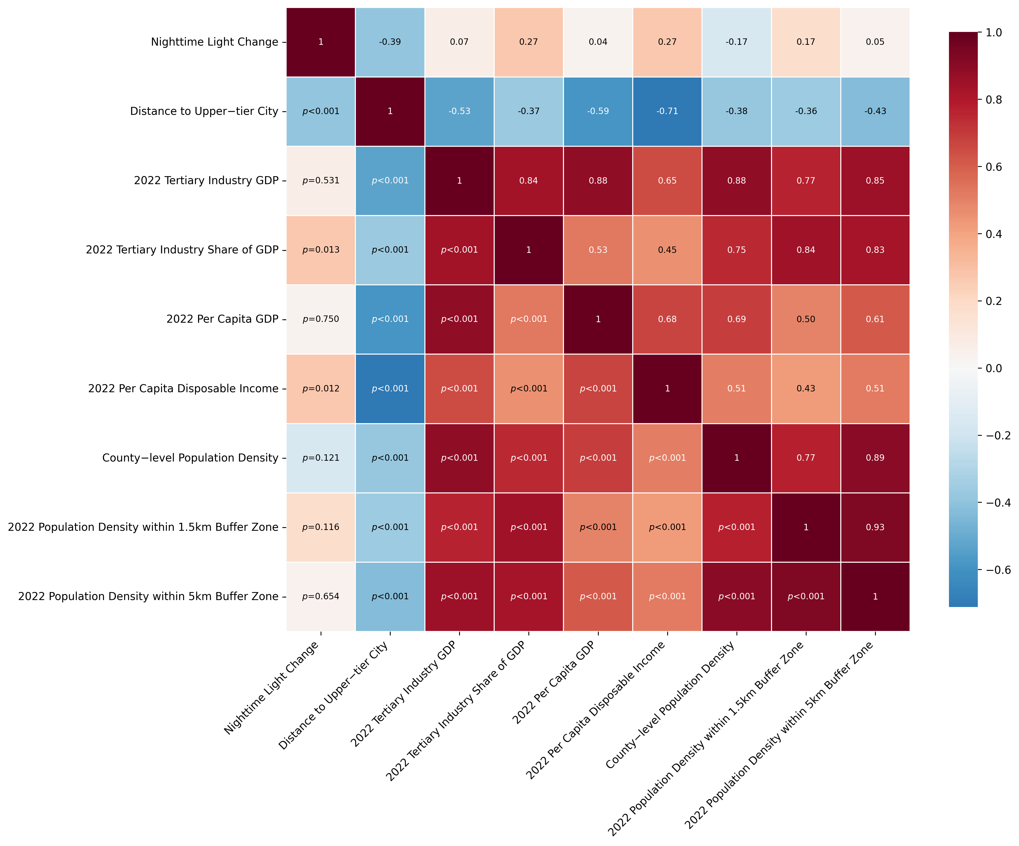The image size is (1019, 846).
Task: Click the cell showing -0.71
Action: (667, 111)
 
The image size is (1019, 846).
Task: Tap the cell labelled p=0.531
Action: (321, 181)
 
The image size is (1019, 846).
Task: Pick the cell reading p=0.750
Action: (321, 319)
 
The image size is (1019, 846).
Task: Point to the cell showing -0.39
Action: (390, 42)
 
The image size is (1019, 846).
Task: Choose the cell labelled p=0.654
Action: (321, 596)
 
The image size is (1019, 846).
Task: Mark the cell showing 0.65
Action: (667, 181)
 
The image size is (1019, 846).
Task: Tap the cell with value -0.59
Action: (598, 111)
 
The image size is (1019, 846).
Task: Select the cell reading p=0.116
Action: (321, 527)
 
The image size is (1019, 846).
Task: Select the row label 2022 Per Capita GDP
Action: (222, 319)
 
